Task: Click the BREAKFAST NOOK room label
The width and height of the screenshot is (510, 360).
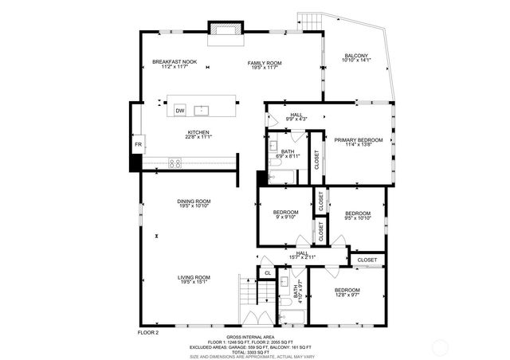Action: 175,62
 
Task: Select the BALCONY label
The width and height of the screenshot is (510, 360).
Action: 355,56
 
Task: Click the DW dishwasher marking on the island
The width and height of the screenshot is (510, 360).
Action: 180,110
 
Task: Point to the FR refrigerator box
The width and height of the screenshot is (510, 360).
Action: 138,144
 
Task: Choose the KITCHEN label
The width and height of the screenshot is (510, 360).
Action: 198,132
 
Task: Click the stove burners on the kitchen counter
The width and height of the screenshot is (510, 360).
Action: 175,162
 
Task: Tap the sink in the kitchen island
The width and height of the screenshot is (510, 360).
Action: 202,110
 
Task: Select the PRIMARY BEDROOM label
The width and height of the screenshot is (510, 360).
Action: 358,140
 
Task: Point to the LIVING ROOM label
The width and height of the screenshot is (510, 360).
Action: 194,277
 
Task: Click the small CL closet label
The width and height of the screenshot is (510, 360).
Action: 268,273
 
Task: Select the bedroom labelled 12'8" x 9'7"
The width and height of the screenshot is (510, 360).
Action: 347,291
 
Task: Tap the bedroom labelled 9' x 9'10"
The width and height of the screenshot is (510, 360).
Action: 284,213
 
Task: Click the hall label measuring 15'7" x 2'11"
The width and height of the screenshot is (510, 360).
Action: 303,254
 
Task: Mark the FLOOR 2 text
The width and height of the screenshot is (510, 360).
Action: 149,331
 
